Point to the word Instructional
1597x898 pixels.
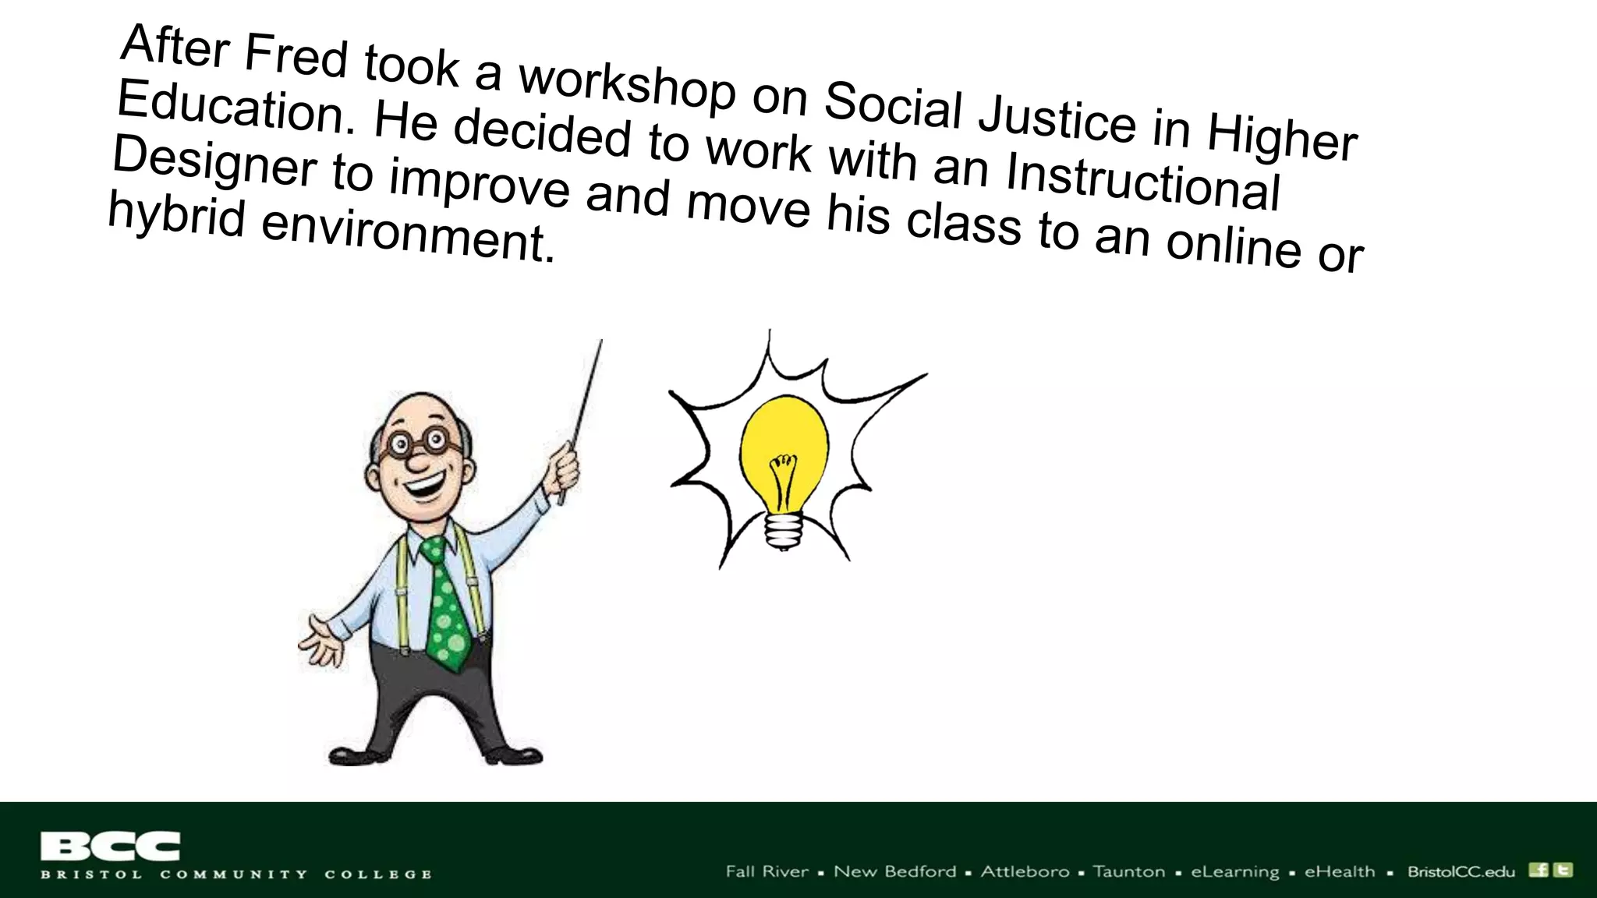tap(1142, 182)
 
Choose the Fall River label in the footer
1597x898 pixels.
tap(767, 871)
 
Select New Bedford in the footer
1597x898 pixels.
tap(894, 871)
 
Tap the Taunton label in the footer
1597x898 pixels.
tap(1128, 871)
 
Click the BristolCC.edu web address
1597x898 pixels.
tap(1461, 871)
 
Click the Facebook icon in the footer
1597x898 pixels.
tap(1539, 870)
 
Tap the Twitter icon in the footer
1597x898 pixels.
tap(1563, 870)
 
